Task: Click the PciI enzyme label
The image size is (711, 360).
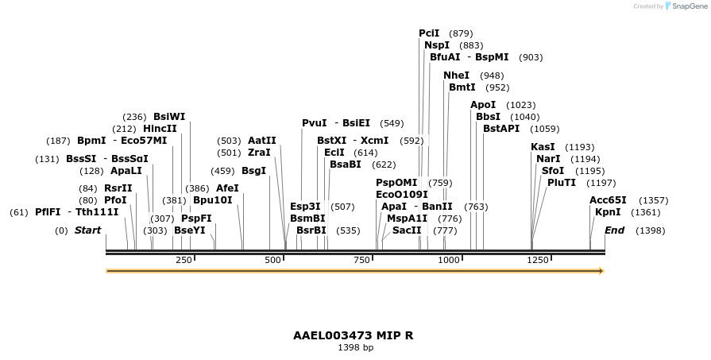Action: pyautogui.click(x=429, y=33)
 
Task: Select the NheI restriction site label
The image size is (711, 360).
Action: pyautogui.click(x=456, y=75)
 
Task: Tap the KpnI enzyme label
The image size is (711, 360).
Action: pyautogui.click(x=608, y=212)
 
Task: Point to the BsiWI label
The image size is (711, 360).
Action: pyautogui.click(x=169, y=117)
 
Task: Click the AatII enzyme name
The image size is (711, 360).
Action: pyautogui.click(x=262, y=141)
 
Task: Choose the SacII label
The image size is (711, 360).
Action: pyautogui.click(x=407, y=230)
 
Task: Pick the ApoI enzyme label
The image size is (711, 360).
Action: pyautogui.click(x=483, y=105)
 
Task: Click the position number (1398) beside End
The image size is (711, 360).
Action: pyautogui.click(x=651, y=230)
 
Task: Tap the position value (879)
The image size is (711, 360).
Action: pyautogui.click(x=461, y=33)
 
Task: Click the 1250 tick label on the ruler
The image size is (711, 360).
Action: pyautogui.click(x=538, y=260)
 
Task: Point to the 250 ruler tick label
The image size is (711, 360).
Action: pyautogui.click(x=184, y=260)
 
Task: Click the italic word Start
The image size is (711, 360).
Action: pyautogui.click(x=87, y=230)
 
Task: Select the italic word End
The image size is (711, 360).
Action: pyautogui.click(x=614, y=230)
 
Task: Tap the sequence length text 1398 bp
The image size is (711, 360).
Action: pyautogui.click(x=355, y=348)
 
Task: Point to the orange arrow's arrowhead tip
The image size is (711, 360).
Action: pyautogui.click(x=603, y=271)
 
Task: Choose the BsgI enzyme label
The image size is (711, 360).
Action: pyautogui.click(x=254, y=171)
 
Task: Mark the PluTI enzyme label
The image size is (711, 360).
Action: pyautogui.click(x=561, y=183)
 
